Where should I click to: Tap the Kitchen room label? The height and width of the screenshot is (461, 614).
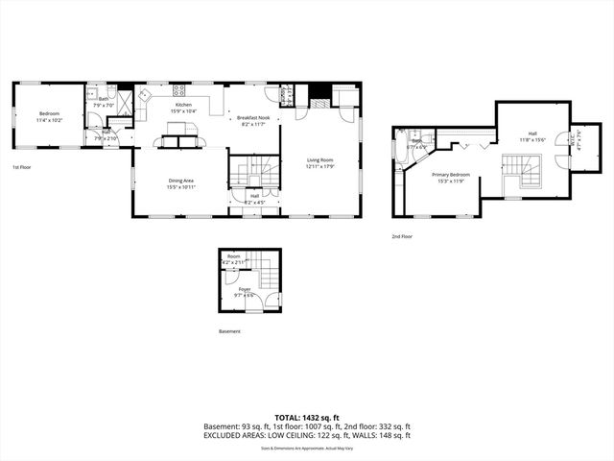pyautogui.click(x=183, y=104)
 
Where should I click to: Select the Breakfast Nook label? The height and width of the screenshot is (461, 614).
pyautogui.click(x=254, y=117)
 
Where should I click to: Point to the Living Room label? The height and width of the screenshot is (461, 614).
pyautogui.click(x=319, y=159)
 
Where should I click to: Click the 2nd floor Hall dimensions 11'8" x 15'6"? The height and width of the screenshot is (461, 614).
pyautogui.click(x=532, y=140)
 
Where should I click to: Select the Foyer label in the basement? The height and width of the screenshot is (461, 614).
pyautogui.click(x=245, y=288)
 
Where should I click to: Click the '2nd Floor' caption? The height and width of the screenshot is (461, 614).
pyautogui.click(x=402, y=235)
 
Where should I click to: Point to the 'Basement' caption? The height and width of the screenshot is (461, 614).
pyautogui.click(x=229, y=331)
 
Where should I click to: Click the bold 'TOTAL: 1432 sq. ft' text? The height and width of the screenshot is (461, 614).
pyautogui.click(x=306, y=418)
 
